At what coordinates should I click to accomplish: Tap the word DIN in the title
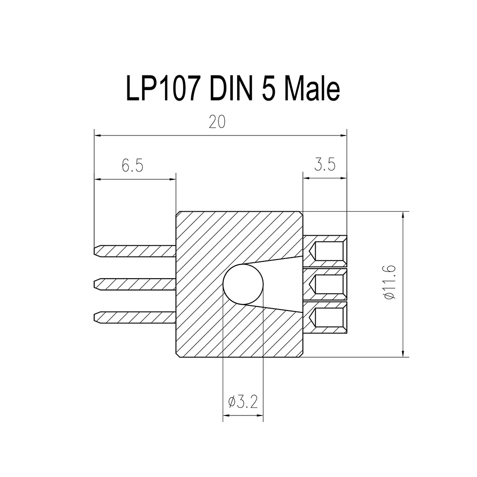click(231, 89)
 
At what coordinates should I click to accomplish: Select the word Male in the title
click(312, 89)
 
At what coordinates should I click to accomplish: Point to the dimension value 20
click(217, 122)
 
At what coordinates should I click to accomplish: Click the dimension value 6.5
click(132, 166)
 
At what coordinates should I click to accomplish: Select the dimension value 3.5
click(325, 164)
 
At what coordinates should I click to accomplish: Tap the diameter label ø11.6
click(390, 282)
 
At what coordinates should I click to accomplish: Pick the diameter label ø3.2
click(243, 402)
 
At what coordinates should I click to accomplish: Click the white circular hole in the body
click(243, 284)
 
